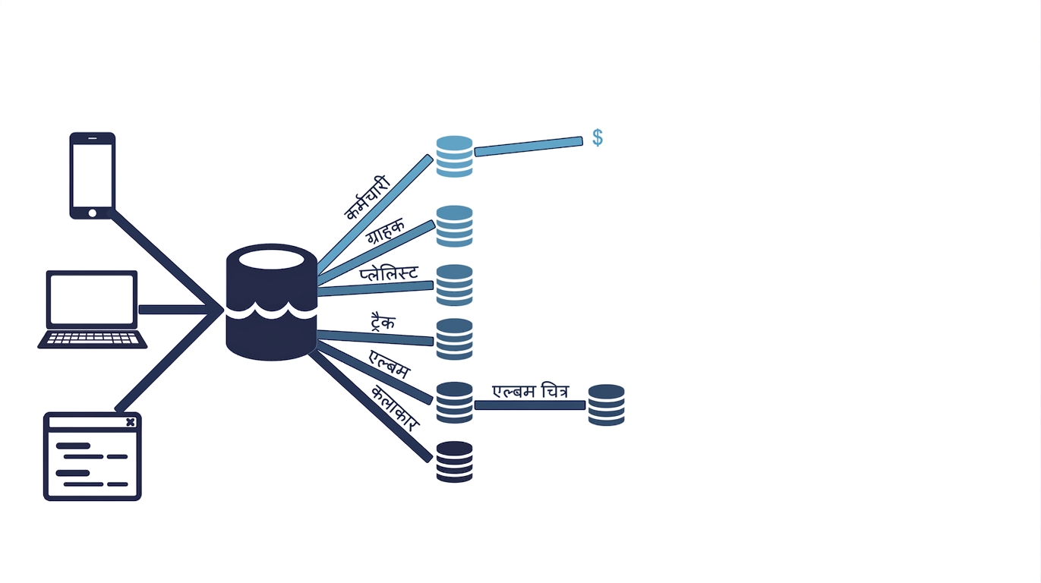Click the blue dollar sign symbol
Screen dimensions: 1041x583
[598, 137]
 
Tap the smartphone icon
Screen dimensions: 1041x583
[93, 175]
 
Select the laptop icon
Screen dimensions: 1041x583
[92, 310]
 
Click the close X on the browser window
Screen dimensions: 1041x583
[131, 422]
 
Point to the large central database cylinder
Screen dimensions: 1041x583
[271, 302]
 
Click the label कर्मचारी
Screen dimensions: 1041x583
[368, 198]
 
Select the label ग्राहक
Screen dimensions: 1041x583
[385, 231]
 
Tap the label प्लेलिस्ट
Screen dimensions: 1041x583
[389, 273]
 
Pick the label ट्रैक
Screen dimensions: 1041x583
[383, 322]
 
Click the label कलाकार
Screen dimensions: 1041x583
[396, 408]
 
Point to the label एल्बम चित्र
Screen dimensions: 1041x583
[530, 391]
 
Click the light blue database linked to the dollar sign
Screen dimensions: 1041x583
[455, 156]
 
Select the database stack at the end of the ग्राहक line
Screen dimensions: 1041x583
[455, 226]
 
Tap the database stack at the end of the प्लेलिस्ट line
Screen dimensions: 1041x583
[455, 285]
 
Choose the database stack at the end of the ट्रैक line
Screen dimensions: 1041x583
[455, 339]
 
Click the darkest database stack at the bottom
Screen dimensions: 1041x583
[455, 462]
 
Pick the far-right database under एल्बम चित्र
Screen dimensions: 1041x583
[607, 405]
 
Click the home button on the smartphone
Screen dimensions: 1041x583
[93, 213]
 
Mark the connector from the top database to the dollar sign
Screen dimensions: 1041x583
[528, 147]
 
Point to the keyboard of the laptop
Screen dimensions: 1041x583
[93, 339]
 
